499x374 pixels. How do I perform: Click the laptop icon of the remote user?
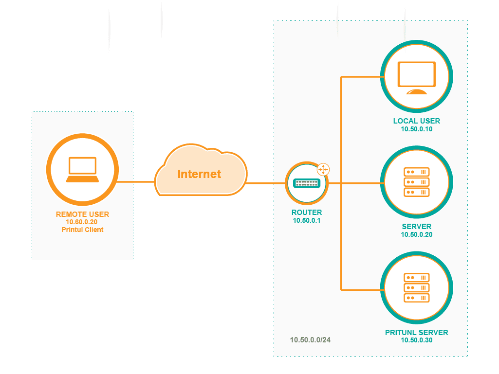pos(82,169)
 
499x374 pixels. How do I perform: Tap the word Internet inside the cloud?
pos(199,174)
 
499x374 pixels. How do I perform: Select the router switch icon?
pos(306,183)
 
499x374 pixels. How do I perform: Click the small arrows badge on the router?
pos(323,169)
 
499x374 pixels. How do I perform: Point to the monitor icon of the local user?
pos(416,77)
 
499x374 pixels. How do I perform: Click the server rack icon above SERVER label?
pos(416,182)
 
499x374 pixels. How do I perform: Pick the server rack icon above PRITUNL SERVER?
pos(416,287)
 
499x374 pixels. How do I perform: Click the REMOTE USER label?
pos(82,214)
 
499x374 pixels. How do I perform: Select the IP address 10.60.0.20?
pos(82,222)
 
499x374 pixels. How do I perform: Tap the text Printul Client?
pos(82,230)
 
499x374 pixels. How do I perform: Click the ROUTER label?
pos(306,213)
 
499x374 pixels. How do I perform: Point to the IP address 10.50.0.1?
pos(306,220)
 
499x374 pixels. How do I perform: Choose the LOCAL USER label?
pos(416,121)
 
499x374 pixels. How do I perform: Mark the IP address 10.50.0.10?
pos(416,129)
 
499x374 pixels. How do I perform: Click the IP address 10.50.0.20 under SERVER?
pos(416,234)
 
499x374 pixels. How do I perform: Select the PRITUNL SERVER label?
pos(416,333)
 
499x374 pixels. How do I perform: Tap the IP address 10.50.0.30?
pos(416,340)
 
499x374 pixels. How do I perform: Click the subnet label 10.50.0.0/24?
pos(310,340)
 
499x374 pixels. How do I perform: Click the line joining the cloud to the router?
pos(266,183)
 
